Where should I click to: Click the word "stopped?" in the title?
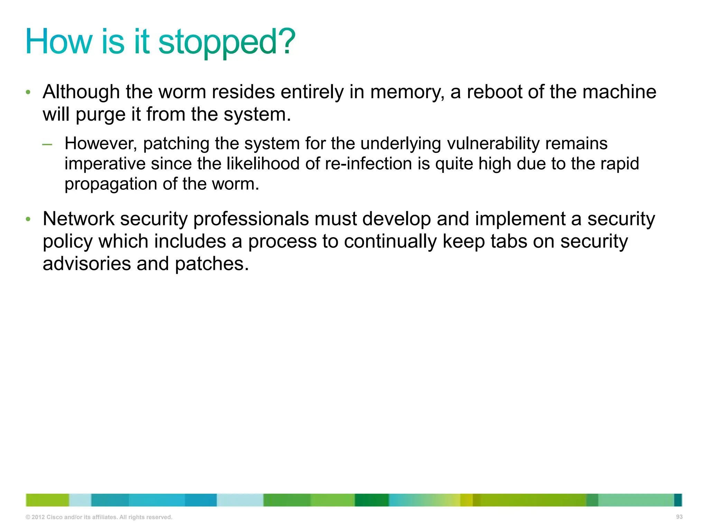pyautogui.click(x=227, y=42)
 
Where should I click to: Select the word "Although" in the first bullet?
pyautogui.click(x=81, y=92)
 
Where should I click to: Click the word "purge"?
pyautogui.click(x=101, y=115)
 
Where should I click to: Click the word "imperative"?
pyautogui.click(x=105, y=164)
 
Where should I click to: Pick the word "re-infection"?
pyautogui.click(x=368, y=164)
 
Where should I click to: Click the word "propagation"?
pyautogui.click(x=111, y=184)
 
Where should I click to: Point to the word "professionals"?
pyautogui.click(x=251, y=219)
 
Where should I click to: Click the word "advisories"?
pyautogui.click(x=87, y=264)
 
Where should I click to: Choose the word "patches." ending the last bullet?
pyautogui.click(x=212, y=264)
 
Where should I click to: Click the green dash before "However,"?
pyautogui.click(x=47, y=145)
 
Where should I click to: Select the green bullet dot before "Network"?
pyautogui.click(x=28, y=220)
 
